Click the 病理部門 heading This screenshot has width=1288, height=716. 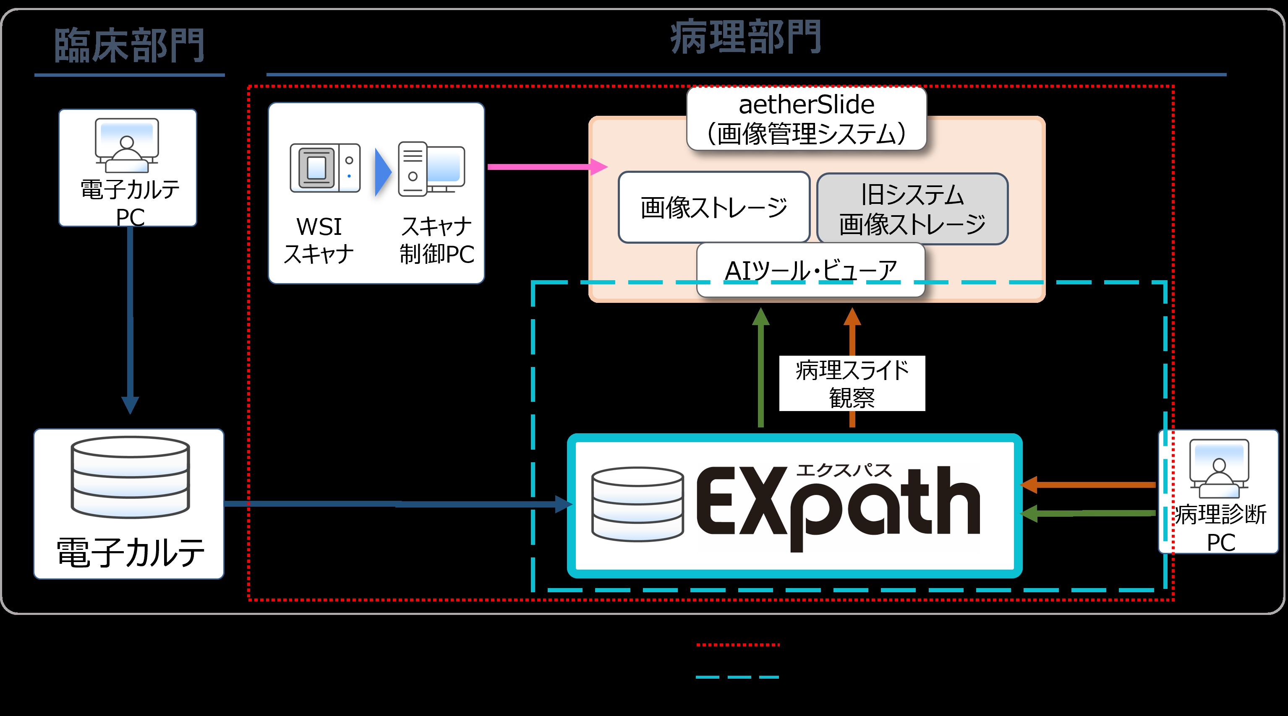point(745,37)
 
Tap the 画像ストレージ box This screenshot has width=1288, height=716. point(713,207)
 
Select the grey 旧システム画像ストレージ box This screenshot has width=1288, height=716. point(912,209)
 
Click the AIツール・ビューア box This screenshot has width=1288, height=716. point(810,270)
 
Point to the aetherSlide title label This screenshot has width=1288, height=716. point(807,119)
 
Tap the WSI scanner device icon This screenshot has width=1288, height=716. point(325,168)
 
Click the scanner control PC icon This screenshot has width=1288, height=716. point(431,169)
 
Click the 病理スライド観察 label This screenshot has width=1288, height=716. point(852,384)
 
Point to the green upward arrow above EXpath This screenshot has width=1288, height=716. point(760,367)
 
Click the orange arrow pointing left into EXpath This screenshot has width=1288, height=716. point(1087,484)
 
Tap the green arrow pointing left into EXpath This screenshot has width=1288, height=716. point(1087,513)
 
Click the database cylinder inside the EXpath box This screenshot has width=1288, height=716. point(637,504)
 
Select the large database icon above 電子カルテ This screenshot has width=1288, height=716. point(130,477)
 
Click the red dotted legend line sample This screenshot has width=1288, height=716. point(737,645)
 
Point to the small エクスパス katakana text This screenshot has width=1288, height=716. point(844,470)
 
